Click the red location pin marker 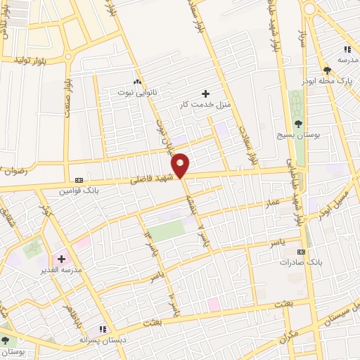181,165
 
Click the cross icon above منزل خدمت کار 205,94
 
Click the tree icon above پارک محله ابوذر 327,70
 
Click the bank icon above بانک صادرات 302,251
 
